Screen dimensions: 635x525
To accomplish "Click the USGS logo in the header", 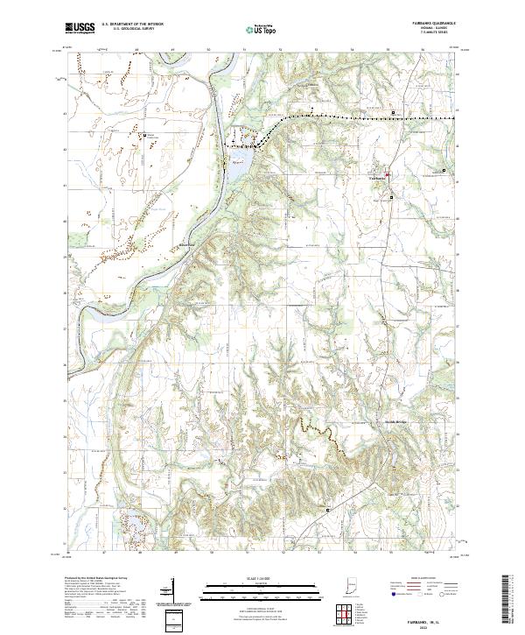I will click(80, 29).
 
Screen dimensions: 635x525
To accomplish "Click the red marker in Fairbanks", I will click(388, 174).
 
